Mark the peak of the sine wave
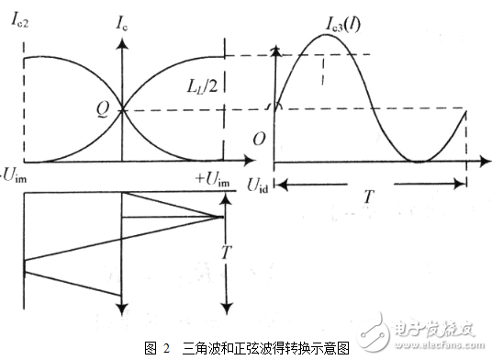[323, 34]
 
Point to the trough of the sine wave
[418, 162]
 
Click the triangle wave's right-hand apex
[223, 217]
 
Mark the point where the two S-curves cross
[122, 111]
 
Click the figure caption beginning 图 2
[246, 348]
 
